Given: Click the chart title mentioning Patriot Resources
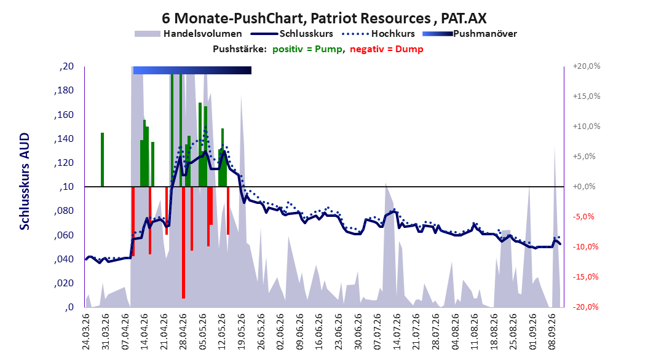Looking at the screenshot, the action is tap(324, 18).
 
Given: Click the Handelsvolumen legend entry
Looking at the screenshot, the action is tap(189, 34).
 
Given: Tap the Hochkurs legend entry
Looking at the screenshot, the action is tap(378, 34).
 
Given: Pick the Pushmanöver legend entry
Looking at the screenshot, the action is tap(470, 34).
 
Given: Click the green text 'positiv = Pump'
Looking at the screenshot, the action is tap(307, 49).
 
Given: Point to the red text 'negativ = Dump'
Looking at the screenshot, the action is tap(387, 49).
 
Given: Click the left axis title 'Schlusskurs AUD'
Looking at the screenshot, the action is tap(25, 181).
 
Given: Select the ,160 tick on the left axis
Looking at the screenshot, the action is tap(64, 114).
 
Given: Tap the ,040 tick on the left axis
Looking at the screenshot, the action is tap(64, 259).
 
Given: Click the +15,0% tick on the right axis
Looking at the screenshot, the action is tap(587, 96).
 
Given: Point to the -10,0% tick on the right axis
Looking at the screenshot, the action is tap(585, 247).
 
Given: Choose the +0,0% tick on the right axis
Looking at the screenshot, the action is tap(584, 187).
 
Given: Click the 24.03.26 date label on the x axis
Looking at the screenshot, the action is tap(86, 332).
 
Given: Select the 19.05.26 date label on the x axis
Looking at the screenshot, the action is tap(242, 332).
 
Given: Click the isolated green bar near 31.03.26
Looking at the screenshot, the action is tap(103, 160).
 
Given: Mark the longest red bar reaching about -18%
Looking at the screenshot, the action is tap(183, 242).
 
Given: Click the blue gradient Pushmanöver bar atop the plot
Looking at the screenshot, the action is tap(192, 70).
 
